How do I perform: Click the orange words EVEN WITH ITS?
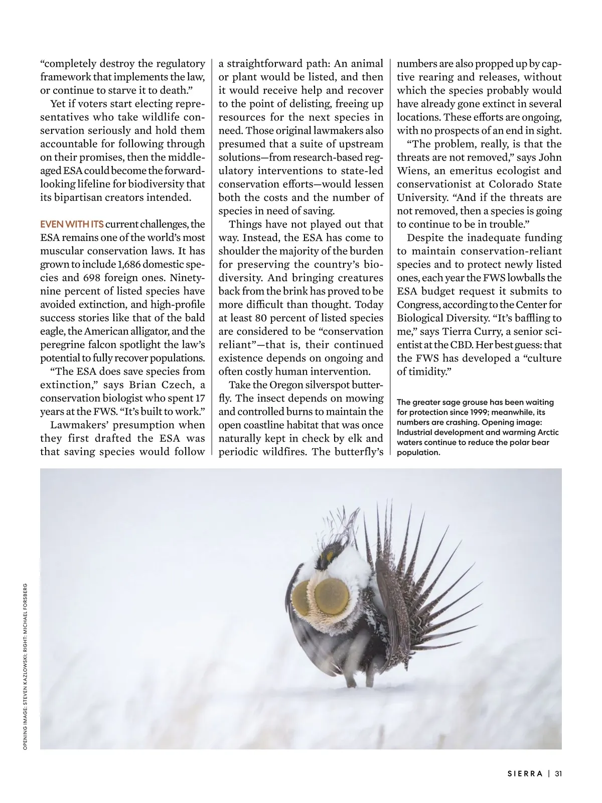click(72, 224)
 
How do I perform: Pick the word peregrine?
click(63, 345)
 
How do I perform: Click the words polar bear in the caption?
click(531, 442)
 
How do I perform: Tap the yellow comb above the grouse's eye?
click(330, 556)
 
